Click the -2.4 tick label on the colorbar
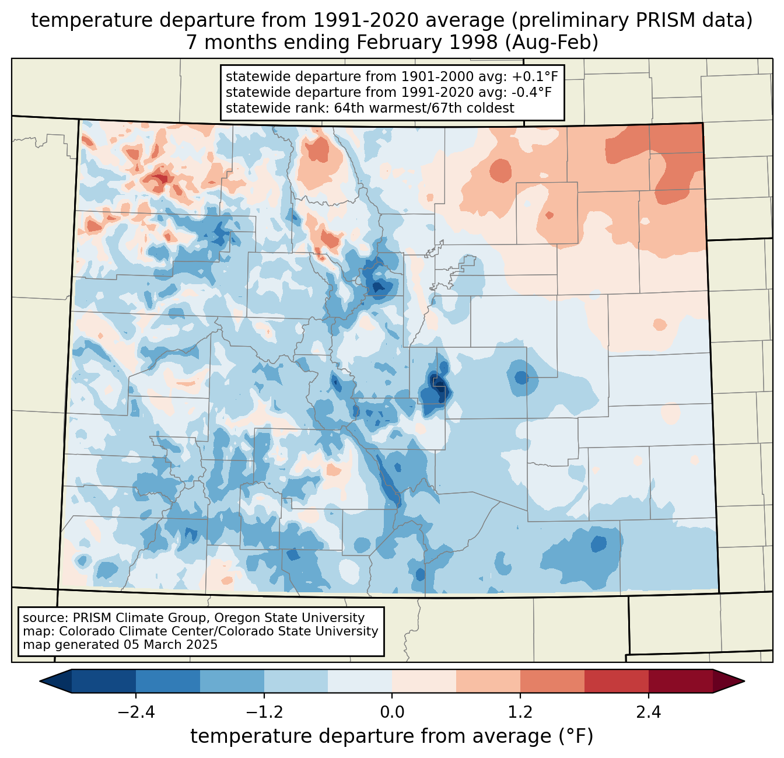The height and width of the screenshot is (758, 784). (x=136, y=712)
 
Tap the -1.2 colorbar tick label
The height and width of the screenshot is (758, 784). (x=264, y=712)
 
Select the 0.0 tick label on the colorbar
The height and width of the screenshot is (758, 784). (x=392, y=712)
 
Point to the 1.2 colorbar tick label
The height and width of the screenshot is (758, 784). (x=520, y=712)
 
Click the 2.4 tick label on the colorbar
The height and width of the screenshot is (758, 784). (x=648, y=712)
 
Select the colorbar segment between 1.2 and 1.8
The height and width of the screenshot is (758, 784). (x=552, y=681)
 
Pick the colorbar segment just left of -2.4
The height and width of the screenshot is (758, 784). (x=104, y=681)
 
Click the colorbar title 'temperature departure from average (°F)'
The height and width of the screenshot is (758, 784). (x=392, y=736)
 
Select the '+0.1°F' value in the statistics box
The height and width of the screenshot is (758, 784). (x=535, y=77)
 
